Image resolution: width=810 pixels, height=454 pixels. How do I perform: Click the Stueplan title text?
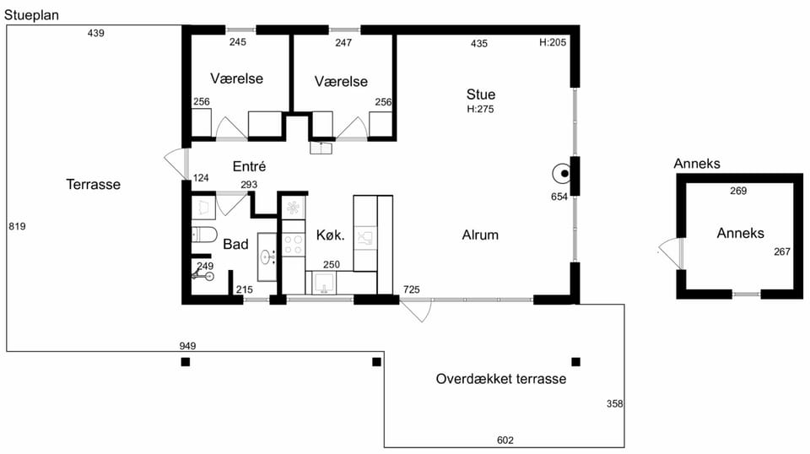click(31, 15)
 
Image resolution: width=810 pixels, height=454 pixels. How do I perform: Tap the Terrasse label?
click(93, 185)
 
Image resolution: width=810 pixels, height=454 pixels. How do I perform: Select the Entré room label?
click(249, 166)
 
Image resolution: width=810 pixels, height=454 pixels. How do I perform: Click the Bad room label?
click(235, 244)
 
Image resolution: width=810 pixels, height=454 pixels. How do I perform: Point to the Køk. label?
click(330, 235)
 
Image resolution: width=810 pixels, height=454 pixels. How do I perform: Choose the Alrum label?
click(480, 235)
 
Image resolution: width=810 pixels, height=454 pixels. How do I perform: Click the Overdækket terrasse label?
click(500, 379)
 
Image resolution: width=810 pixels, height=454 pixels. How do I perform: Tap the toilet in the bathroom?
click(204, 234)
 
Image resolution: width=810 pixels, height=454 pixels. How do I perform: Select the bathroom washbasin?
click(267, 257)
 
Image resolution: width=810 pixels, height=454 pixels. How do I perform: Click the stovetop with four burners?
click(294, 246)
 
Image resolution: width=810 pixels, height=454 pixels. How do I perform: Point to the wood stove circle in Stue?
click(562, 174)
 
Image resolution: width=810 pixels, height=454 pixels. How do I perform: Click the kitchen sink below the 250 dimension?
click(324, 283)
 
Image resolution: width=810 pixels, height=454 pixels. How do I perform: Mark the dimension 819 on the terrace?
click(17, 226)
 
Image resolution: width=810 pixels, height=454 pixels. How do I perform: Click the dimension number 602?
click(505, 440)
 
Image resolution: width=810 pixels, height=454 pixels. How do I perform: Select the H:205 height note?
click(553, 42)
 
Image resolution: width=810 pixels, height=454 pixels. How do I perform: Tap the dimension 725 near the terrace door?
click(411, 289)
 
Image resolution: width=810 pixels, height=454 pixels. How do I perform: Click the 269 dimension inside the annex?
click(738, 191)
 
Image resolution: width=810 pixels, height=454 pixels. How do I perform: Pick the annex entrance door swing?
click(671, 253)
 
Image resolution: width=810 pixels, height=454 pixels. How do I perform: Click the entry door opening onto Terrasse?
click(175, 165)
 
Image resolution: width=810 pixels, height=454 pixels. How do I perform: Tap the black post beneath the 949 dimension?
click(186, 362)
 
